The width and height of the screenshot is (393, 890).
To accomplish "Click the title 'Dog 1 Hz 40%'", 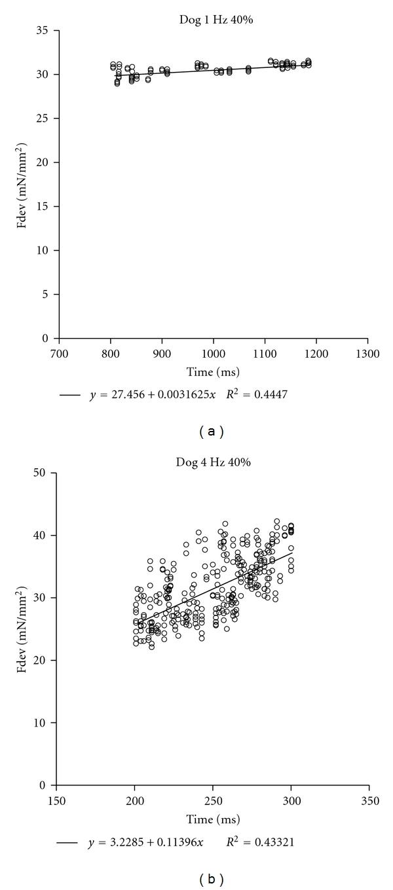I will (216, 20).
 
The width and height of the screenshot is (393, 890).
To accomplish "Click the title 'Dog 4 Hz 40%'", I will (216, 462).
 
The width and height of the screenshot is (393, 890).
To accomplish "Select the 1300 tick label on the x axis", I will (367, 351).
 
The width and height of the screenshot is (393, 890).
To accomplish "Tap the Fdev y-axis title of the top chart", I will (22, 184).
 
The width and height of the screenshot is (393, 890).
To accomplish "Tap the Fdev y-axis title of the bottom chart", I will (22, 628).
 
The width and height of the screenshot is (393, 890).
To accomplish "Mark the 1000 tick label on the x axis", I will (214, 351).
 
